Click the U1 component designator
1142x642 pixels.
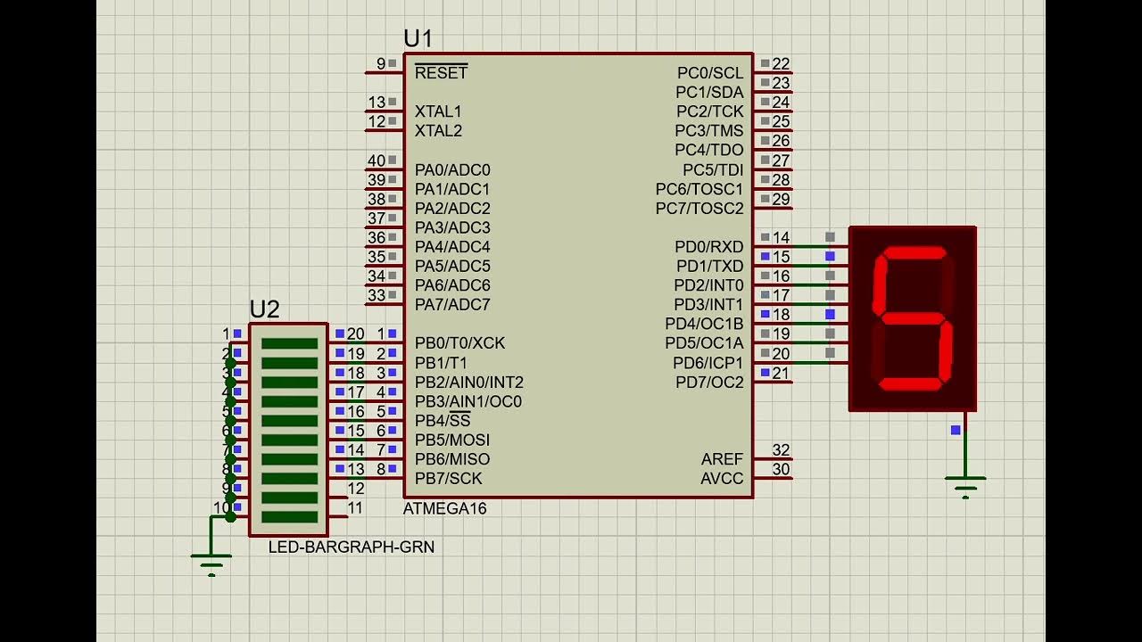pos(418,38)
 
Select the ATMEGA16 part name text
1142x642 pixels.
pos(445,508)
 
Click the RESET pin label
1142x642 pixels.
pos(441,73)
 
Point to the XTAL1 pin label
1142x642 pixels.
pos(438,111)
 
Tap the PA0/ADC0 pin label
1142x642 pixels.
pos(452,169)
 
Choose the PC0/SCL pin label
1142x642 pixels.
pos(709,73)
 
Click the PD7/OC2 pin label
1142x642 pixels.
pos(709,383)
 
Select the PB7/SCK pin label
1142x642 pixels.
pos(448,478)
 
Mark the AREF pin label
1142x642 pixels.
pos(722,459)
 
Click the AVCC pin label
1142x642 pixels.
pos(722,479)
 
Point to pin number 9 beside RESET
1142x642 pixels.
pos(381,63)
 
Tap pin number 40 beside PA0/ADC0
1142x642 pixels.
pos(377,160)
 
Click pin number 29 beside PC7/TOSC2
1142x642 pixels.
pos(781,199)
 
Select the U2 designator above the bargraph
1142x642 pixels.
pos(264,309)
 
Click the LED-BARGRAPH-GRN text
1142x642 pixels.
pos(352,547)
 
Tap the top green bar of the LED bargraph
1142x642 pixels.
pos(289,343)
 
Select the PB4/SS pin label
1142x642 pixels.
pos(443,420)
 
